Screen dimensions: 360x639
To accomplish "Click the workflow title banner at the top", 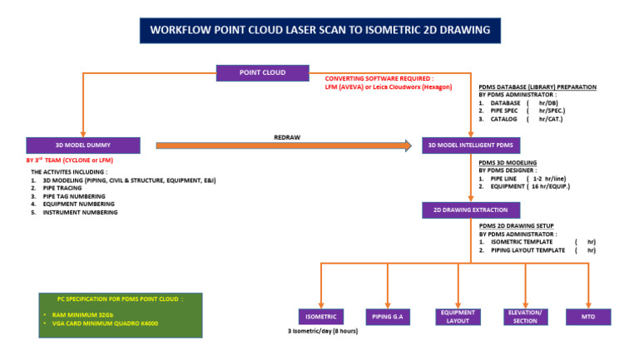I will coord(319,30).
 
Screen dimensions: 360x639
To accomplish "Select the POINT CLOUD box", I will coord(262,73).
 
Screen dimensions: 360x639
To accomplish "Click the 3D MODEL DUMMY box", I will coord(83,145).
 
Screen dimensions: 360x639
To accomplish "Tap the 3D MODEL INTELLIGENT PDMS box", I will coord(471,145).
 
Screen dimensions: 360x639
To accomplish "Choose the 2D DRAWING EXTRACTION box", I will coord(471,210).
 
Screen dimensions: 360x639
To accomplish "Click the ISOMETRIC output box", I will coord(321,316).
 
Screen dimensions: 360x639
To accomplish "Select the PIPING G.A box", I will coord(389,316).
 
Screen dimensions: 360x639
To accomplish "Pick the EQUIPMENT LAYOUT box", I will coord(458,316).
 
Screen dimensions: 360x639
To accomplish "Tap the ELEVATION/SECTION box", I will coord(525,316).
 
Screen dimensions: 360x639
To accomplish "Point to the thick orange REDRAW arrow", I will coord(283,146).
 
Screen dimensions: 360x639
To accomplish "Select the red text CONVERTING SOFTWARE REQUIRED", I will coord(379,78).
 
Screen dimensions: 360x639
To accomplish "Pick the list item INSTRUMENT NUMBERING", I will coord(80,212).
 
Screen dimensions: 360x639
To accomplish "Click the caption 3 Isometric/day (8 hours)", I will coord(323,332).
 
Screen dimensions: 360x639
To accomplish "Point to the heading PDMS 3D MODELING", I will coord(508,162).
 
